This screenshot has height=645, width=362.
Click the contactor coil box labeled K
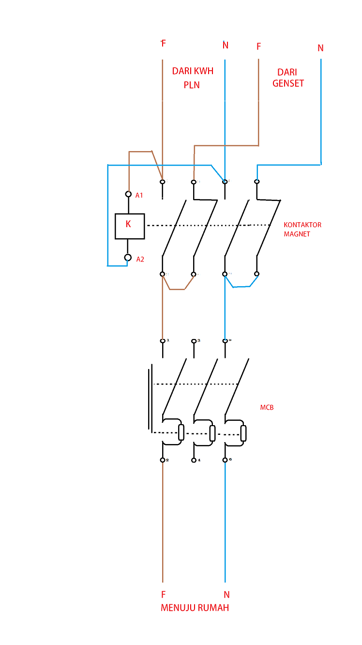point(129,226)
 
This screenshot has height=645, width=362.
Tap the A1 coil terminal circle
point(128,194)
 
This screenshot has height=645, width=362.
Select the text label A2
point(140,259)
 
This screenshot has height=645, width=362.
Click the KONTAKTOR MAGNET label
point(302,229)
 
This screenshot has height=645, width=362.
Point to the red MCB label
point(267,407)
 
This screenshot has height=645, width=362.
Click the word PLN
point(192,85)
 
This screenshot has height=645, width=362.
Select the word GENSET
point(288,83)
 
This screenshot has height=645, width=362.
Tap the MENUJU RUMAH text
point(195,608)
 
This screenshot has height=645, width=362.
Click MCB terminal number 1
point(163,341)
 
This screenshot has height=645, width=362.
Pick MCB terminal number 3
point(194,341)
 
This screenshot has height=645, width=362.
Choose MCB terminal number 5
point(225,341)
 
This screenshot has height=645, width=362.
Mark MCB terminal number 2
point(163,460)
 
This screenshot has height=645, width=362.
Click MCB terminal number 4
point(194,460)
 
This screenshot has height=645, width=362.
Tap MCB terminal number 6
point(225,460)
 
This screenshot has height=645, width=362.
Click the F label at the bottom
point(163,594)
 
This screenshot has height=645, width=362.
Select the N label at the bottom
point(226,594)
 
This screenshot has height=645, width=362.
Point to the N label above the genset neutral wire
point(320,48)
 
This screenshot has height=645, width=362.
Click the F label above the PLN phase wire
point(163,44)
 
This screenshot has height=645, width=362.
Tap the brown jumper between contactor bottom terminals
point(178,289)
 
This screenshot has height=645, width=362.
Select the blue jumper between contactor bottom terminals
point(241,287)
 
